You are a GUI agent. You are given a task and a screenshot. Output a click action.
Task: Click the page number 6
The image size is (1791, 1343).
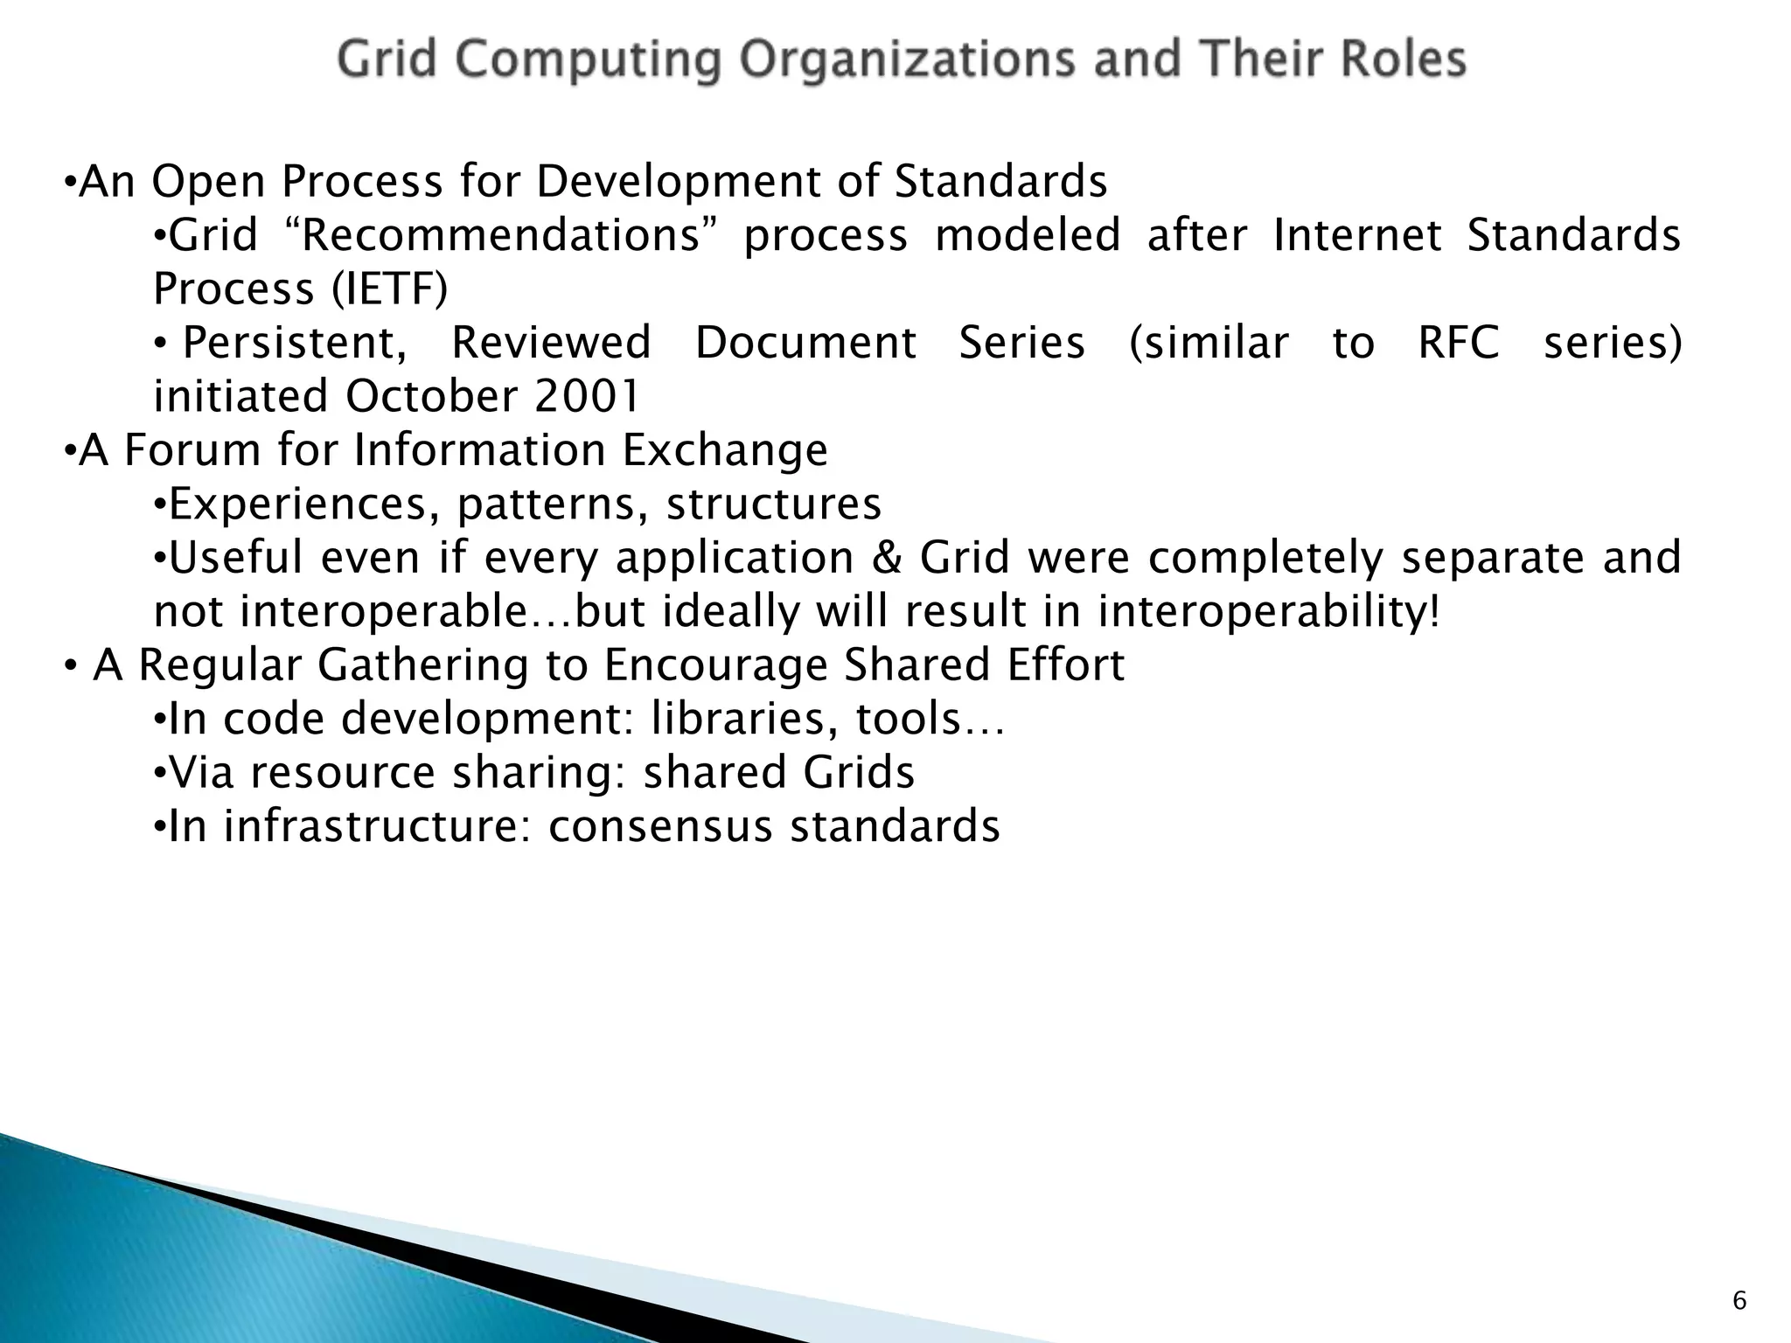1739,1301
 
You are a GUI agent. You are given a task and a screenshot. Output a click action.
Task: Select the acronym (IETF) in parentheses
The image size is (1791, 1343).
389,289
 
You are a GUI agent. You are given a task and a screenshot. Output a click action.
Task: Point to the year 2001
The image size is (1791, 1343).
588,396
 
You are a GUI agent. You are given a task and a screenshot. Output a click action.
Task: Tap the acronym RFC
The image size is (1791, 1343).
1458,342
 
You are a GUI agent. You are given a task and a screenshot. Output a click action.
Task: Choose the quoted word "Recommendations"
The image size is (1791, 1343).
496,235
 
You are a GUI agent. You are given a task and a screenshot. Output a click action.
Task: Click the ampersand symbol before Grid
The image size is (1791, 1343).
887,557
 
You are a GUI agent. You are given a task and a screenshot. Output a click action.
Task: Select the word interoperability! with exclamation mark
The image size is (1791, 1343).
1268,611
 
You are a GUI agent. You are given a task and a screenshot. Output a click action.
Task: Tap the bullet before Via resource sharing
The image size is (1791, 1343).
159,773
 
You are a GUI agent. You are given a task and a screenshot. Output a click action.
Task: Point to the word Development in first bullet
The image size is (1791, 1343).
678,182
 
